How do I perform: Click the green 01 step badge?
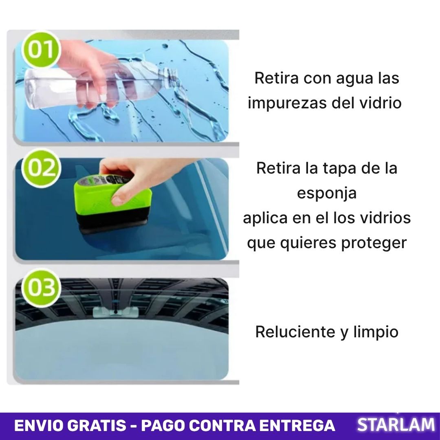click(x=41, y=50)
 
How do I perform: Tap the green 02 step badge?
click(x=41, y=168)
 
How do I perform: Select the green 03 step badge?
click(x=41, y=288)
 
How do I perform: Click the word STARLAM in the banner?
click(x=396, y=425)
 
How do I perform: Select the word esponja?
click(x=327, y=193)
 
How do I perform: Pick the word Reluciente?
click(x=295, y=332)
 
